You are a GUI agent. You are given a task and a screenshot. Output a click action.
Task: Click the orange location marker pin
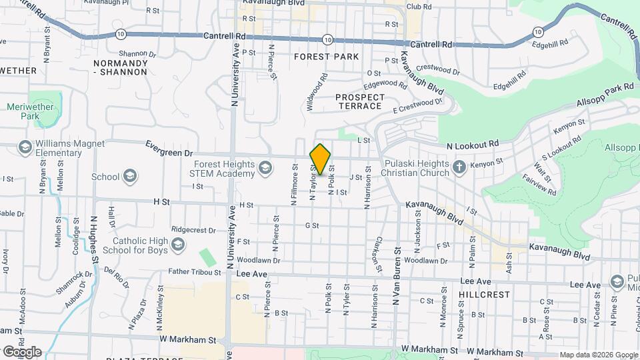coord(320,159)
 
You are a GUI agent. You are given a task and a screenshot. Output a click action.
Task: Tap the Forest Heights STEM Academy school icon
coord(266,167)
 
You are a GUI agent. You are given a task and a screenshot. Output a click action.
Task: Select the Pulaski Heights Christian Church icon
coord(459,167)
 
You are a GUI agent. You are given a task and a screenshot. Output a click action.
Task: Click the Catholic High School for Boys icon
coord(177,245)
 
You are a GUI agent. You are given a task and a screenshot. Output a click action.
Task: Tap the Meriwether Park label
coord(23,111)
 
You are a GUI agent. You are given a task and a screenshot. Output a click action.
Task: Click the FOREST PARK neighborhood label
coord(327,57)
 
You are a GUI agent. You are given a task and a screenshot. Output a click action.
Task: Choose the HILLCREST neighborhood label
coord(485,294)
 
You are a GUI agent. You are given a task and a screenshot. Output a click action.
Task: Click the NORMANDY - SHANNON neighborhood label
coord(120,67)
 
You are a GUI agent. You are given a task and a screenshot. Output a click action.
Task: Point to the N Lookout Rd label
coord(473,144)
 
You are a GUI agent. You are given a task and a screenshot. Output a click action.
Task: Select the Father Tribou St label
coord(194,272)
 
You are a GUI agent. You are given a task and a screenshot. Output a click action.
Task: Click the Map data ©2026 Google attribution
coord(598,355)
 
